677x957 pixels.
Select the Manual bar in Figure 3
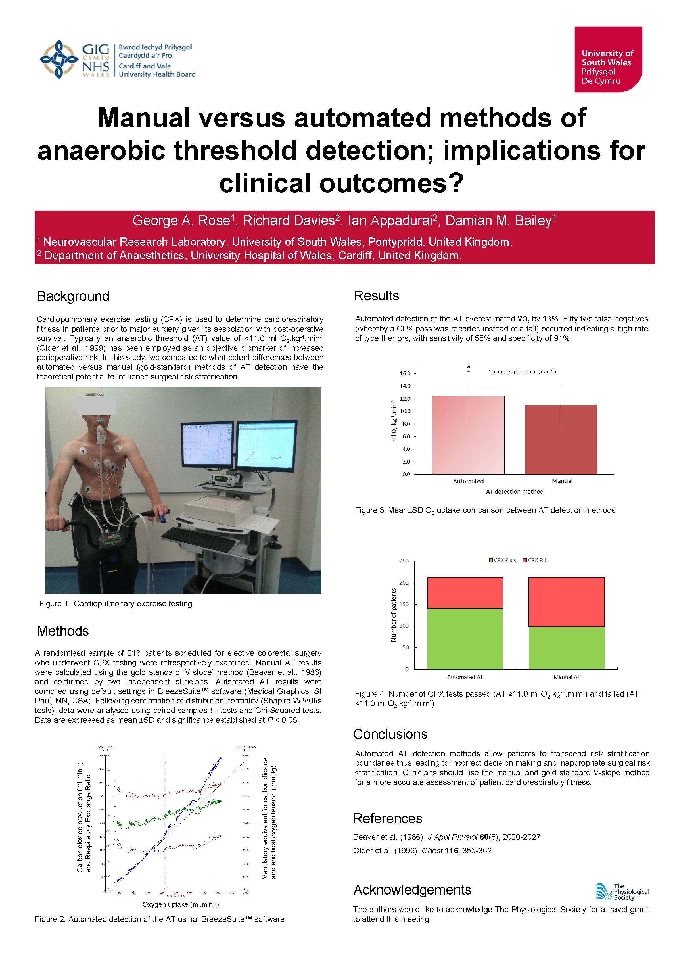[561, 439]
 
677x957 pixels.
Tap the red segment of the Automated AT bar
[465, 592]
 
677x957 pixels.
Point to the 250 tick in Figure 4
[404, 561]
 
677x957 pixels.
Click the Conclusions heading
[390, 734]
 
